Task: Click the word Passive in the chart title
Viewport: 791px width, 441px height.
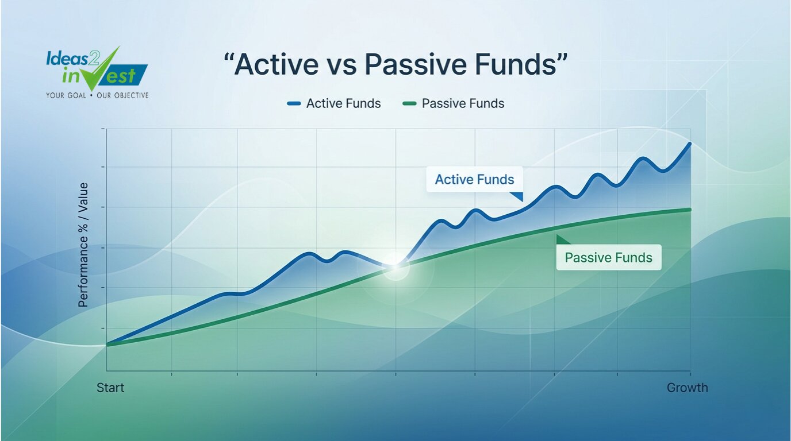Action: click(414, 64)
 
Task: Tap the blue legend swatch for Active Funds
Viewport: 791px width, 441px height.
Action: click(294, 103)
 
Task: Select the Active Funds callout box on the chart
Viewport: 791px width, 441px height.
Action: click(474, 179)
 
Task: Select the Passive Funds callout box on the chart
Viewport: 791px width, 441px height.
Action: click(608, 257)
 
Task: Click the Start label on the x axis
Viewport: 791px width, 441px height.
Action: click(110, 388)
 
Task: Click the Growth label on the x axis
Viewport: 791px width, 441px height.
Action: click(687, 388)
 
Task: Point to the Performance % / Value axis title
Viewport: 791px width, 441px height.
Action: click(83, 245)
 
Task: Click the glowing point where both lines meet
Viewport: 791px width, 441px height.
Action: click(395, 266)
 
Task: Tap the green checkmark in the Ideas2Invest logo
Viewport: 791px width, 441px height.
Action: click(102, 71)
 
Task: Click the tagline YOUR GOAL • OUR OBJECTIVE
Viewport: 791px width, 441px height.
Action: click(97, 95)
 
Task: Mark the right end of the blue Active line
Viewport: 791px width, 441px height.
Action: click(690, 144)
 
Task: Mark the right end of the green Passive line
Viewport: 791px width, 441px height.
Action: click(690, 210)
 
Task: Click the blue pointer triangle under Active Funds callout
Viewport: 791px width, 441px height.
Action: click(518, 196)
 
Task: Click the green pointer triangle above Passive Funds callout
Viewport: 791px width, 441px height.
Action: click(562, 240)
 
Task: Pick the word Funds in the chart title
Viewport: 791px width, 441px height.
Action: click(515, 64)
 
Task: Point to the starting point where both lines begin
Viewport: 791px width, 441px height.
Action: click(107, 344)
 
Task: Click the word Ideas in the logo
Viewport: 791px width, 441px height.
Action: click(67, 59)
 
